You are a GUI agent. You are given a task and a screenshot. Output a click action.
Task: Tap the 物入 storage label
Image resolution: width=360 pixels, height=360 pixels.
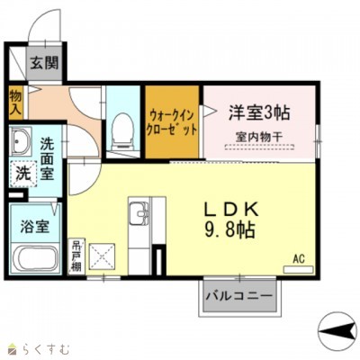tap(15, 100)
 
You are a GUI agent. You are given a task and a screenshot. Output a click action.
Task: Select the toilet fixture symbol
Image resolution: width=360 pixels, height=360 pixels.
tap(119, 131)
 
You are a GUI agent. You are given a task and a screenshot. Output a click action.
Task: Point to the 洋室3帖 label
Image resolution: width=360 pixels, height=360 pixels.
tap(259, 112)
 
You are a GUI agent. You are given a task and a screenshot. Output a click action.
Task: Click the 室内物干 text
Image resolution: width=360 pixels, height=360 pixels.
tap(259, 137)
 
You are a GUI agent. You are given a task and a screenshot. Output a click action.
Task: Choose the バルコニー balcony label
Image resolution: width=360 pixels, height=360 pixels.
tap(238, 295)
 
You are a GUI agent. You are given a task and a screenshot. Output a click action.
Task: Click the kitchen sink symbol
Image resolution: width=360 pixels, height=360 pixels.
tap(139, 216)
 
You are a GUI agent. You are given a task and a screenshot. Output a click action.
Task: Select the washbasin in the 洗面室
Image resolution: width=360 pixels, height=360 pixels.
tap(22, 142)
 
